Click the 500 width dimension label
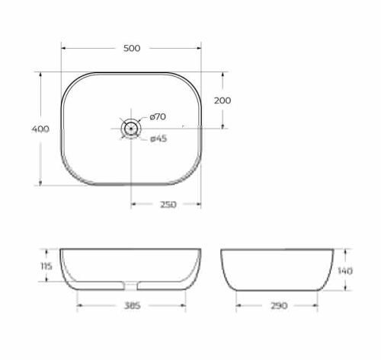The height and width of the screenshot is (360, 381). point(131,48)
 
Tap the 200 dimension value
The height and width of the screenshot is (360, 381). point(223,100)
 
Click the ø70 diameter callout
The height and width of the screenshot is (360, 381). point(158,116)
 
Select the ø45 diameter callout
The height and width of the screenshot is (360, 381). point(158,139)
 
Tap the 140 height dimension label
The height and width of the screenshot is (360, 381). point(345,270)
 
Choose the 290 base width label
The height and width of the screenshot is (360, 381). point(278,306)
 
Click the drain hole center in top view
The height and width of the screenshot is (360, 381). point(131,129)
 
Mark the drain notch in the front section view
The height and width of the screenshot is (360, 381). point(131,287)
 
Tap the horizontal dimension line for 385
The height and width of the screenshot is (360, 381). point(99,306)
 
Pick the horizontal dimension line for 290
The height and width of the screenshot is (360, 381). point(251,306)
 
